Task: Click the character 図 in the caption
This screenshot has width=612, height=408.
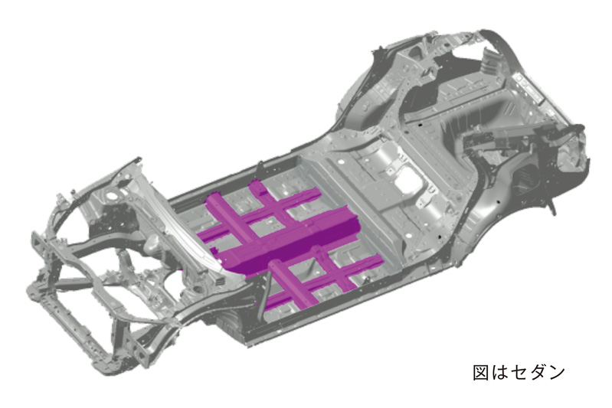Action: coord(481,373)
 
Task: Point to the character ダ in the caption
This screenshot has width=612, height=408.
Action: coord(538,373)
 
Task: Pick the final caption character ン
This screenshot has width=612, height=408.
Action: coord(557,373)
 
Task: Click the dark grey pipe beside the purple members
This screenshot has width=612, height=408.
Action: coord(266,296)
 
